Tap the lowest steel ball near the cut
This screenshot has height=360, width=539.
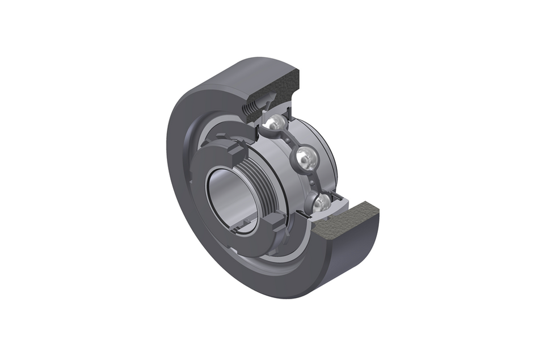321,203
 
